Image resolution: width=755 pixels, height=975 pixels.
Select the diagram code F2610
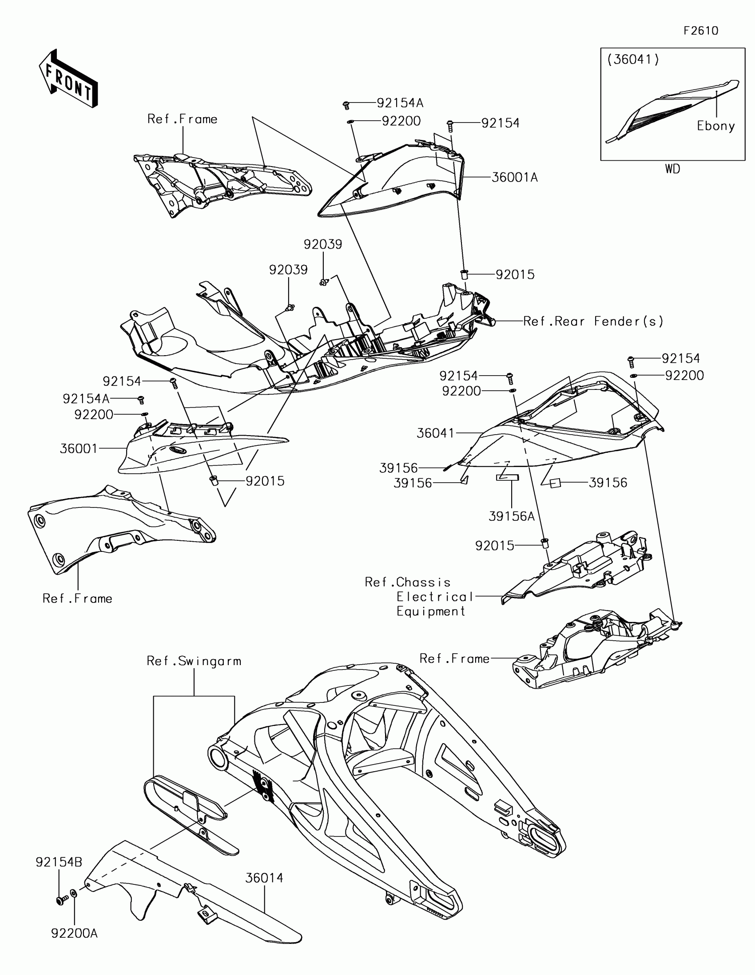pos(701,31)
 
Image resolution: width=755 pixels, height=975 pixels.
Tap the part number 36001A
pos(514,178)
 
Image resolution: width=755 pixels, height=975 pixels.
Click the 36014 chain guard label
pos(264,878)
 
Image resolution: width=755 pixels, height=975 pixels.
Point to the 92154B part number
pos(59,863)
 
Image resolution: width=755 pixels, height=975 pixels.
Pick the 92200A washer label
pos(74,933)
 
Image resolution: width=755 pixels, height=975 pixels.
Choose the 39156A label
pos(511,516)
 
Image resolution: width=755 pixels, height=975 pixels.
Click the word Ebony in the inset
pos(716,127)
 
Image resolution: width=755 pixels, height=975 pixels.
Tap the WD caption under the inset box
pos(672,169)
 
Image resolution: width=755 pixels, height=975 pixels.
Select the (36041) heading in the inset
pos(633,60)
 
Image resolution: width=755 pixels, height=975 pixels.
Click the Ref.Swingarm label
pos(194,661)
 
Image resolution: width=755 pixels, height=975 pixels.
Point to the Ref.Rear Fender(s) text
pos(593,321)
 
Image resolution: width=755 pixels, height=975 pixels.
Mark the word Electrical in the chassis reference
pos(434,597)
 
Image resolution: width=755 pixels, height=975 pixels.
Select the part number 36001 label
pos(79,449)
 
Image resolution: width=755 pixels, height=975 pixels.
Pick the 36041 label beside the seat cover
pos(435,433)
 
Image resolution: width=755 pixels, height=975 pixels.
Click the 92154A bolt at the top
pos(345,105)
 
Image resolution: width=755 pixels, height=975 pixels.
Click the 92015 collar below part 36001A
pos(464,274)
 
